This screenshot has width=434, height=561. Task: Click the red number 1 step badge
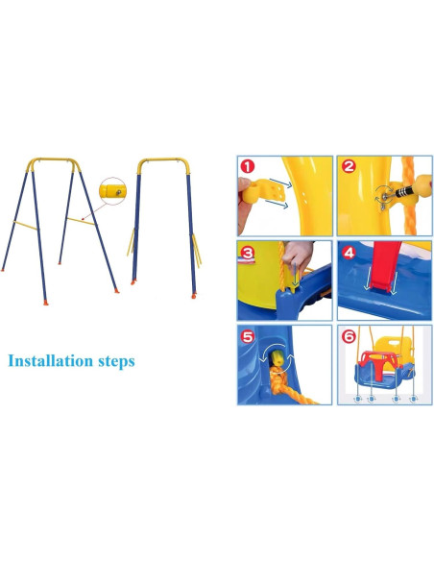click(x=248, y=166)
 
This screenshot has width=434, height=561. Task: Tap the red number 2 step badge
click(x=349, y=166)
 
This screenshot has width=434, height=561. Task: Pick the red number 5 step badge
click(x=248, y=337)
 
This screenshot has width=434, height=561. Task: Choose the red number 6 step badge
click(x=349, y=337)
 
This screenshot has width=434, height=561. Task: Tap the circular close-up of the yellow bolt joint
click(x=114, y=191)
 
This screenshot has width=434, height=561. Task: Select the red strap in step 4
click(x=381, y=269)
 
